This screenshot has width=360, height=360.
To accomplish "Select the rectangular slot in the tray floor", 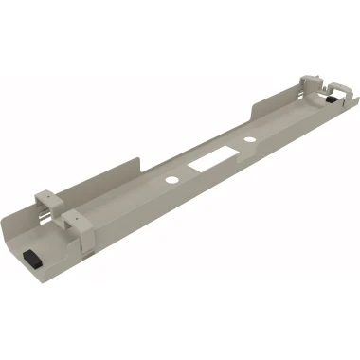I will coord(209,160).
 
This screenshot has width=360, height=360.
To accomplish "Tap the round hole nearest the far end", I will coord(248,141).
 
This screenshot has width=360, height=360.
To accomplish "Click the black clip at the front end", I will coord(32,259).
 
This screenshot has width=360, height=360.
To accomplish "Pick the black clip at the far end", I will coord(333,99).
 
